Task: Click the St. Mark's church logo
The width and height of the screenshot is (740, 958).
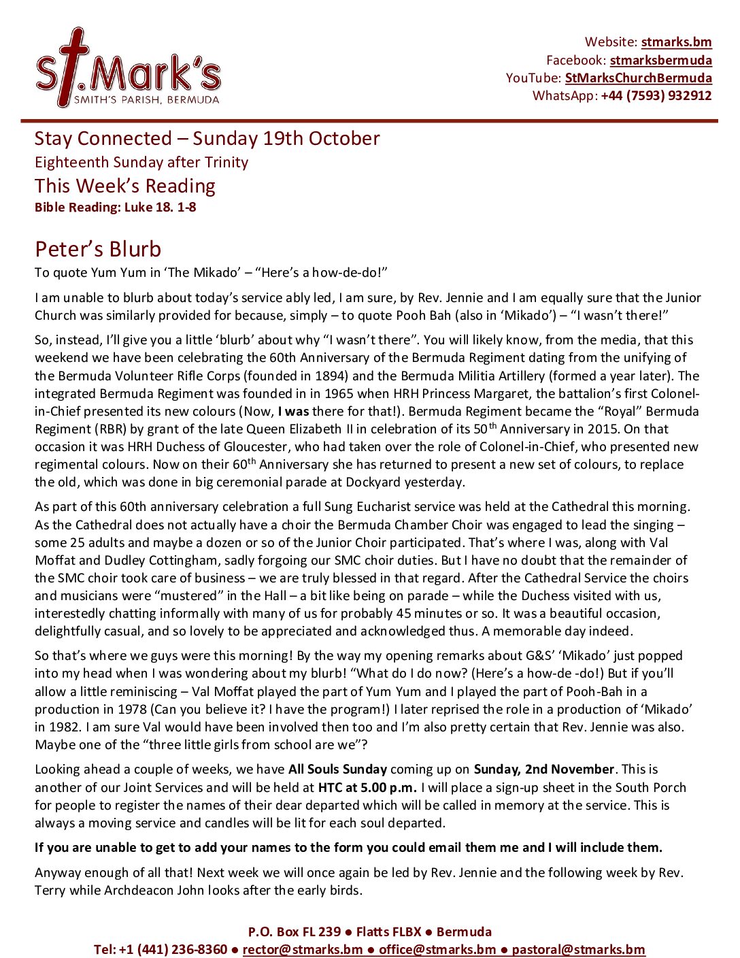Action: point(128,68)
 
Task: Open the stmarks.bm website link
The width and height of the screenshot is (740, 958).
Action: point(676,42)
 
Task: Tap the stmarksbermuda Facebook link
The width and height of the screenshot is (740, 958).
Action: point(660,60)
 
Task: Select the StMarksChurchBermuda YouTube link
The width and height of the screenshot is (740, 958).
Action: point(638,78)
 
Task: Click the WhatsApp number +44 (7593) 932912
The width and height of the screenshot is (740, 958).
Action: point(656,95)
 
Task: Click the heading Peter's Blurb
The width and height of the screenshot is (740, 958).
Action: point(98,249)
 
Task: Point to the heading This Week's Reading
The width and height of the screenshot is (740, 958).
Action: point(125,186)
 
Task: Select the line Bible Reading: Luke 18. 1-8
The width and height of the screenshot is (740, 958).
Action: point(116,207)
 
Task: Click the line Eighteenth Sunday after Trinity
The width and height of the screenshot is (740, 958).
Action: point(141,162)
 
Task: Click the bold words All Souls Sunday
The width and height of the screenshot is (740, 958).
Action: point(337,770)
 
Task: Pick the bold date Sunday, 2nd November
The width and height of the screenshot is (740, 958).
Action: point(544,770)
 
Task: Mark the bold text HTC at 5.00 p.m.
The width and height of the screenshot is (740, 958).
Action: point(367,787)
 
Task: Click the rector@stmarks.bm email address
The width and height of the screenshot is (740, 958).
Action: point(303,949)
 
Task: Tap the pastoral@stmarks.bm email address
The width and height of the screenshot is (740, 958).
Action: point(578,949)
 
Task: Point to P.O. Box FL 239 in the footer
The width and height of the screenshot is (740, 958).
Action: point(294,931)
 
